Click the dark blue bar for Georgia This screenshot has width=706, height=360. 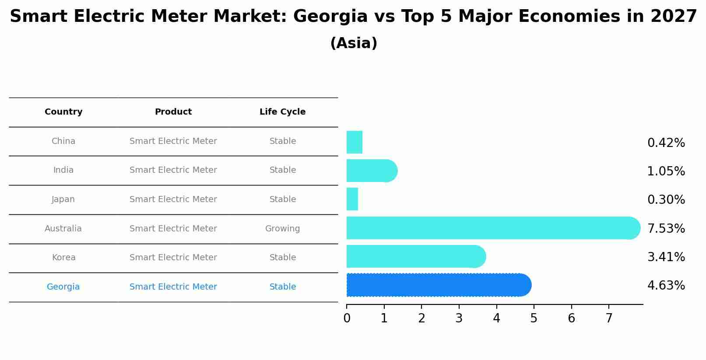438,285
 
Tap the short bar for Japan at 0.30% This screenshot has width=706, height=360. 352,199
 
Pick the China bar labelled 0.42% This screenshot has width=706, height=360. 355,142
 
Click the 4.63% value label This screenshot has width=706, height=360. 666,286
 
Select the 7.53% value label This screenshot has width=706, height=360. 666,228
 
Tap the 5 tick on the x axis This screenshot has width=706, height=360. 534,318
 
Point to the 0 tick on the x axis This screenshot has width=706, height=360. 347,318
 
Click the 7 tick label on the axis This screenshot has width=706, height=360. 609,318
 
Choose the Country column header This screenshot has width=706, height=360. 63,112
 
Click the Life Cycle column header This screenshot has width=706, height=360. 282,112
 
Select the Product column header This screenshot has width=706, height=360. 173,112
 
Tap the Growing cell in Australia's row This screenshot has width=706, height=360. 282,229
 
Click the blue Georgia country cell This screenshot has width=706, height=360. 63,287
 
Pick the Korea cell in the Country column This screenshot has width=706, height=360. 64,258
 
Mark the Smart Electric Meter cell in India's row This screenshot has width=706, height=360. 173,170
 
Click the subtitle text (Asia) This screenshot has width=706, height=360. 354,43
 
